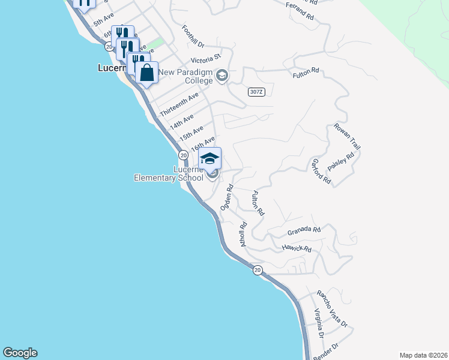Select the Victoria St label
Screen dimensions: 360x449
206,60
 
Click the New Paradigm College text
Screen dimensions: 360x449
185,76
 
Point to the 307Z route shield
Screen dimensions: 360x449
256,91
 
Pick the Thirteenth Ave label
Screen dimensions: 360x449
179,105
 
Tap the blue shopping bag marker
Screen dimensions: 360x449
146,73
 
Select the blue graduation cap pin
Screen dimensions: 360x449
209,159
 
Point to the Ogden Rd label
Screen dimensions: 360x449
226,197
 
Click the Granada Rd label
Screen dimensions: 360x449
304,230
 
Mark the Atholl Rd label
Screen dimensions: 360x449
244,235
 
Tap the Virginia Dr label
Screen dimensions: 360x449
319,322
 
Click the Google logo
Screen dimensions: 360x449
20,353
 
